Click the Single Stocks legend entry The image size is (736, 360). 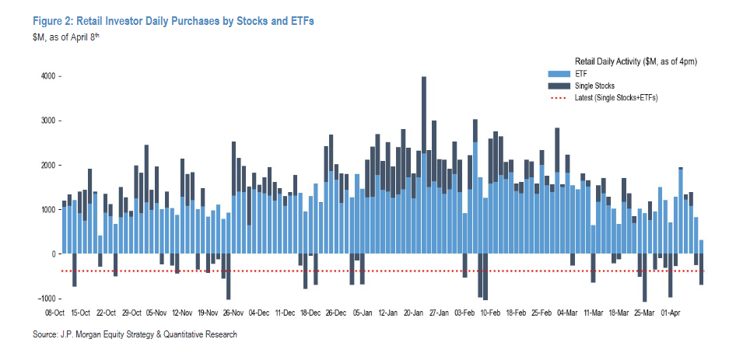594,85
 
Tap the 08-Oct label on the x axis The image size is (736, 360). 55,313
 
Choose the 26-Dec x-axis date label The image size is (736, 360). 336,313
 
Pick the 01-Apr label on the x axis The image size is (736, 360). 671,313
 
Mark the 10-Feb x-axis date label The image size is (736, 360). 490,313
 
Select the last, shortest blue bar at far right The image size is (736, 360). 702,246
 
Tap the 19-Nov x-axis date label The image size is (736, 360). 208,313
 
